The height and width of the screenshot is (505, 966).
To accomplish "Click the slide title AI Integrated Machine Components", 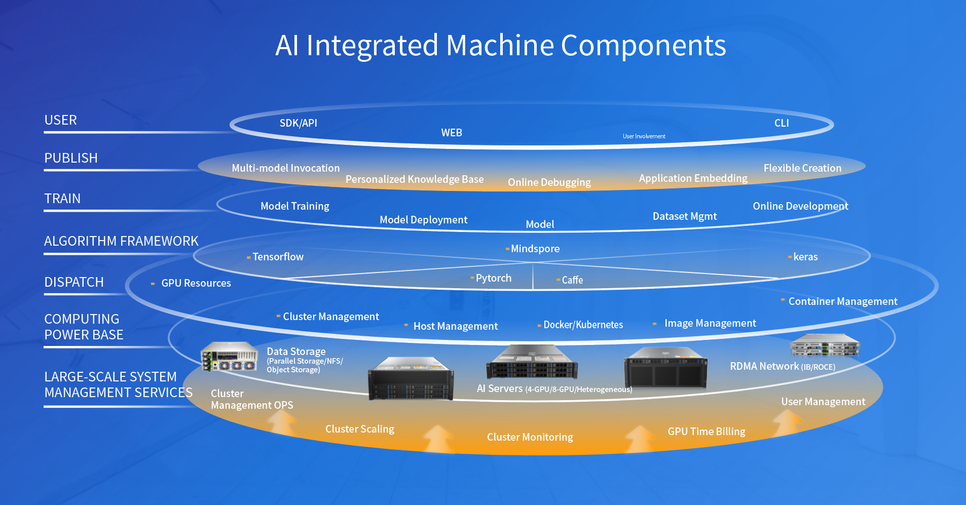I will [500, 46].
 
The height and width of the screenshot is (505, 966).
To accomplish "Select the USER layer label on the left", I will [61, 120].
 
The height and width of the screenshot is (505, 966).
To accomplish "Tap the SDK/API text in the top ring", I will [298, 123].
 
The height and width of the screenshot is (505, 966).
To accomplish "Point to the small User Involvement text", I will [644, 136].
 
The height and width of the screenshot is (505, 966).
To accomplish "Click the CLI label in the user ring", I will [782, 123].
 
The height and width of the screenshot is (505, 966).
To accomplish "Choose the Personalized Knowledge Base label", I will [415, 179].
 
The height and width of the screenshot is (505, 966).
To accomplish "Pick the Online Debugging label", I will [549, 182].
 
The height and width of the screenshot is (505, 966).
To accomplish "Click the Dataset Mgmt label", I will [684, 216].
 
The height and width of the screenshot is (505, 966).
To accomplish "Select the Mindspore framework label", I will [535, 249].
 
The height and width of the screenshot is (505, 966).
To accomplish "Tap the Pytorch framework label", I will [493, 278].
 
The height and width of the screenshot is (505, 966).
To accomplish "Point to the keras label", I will [805, 257].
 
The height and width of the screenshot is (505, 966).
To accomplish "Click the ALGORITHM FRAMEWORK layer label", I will [121, 241].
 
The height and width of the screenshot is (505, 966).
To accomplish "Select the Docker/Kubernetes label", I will [583, 325].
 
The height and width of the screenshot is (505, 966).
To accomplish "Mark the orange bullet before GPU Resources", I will [153, 284].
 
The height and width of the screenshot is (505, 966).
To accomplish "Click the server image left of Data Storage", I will [229, 356].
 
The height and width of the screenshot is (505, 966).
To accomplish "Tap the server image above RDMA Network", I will [825, 345].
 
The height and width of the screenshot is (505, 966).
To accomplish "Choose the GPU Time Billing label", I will [706, 432].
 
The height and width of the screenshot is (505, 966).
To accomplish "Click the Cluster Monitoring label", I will [530, 437].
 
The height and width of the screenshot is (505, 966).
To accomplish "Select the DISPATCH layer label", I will [74, 282].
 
